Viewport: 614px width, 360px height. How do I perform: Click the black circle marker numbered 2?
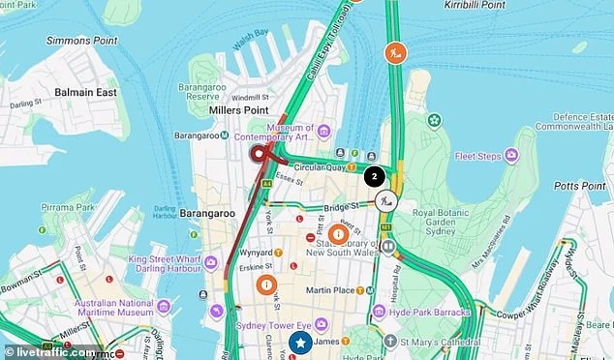click(374, 176)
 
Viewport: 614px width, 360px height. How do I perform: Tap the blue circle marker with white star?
click(300, 343)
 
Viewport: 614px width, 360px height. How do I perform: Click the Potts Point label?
click(580, 185)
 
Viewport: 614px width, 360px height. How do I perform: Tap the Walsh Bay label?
click(250, 34)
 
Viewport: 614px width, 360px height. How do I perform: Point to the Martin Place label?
click(326, 289)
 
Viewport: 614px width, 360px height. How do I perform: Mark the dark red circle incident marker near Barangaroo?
click(259, 154)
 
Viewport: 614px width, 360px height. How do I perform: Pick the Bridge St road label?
click(341, 207)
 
